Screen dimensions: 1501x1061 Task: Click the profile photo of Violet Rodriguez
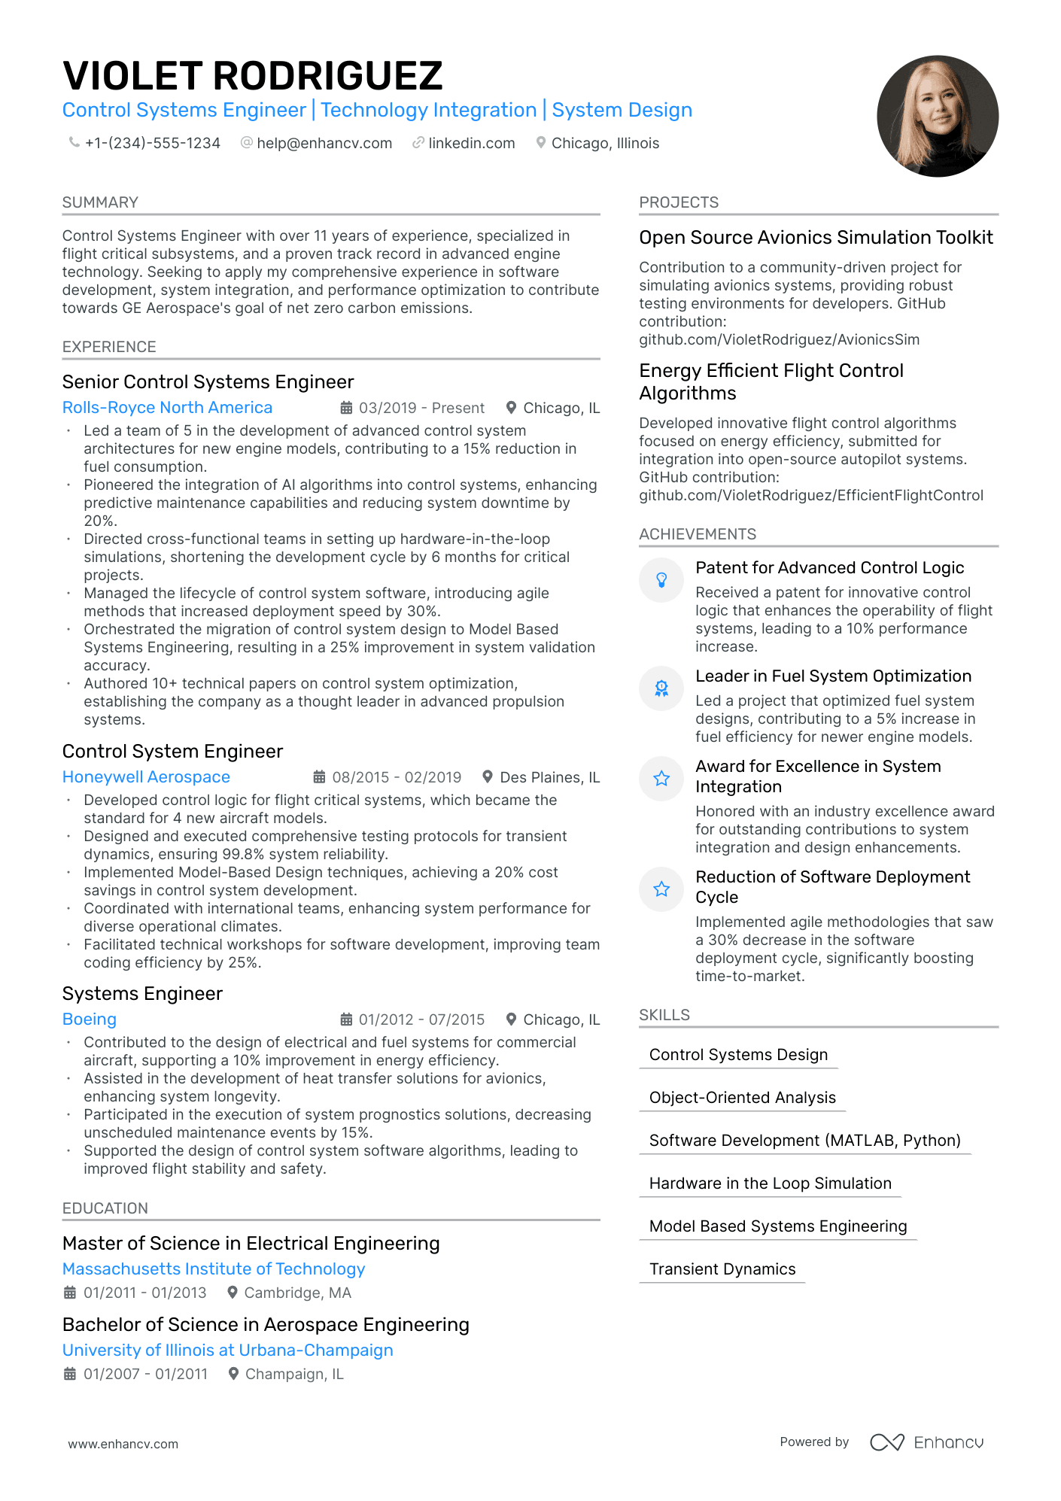pos(937,116)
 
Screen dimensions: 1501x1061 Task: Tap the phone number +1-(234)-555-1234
pos(152,143)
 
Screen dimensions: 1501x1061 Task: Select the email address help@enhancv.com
pos(324,143)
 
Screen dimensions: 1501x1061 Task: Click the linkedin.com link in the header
pos(471,143)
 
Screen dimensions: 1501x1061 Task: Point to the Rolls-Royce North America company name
pos(167,407)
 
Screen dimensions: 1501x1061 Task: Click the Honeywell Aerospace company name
pos(146,776)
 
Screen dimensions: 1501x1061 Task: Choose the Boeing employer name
pos(89,1019)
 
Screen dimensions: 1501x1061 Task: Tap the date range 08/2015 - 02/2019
pos(397,777)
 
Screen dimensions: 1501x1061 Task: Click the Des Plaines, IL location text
pos(549,777)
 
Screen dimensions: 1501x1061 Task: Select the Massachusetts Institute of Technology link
pos(214,1269)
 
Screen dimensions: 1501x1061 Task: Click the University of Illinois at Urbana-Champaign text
pos(227,1350)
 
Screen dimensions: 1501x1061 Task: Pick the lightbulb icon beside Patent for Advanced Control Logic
pos(661,579)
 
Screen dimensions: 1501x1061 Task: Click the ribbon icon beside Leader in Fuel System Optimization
pos(661,688)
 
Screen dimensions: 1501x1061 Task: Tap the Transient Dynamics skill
pos(722,1269)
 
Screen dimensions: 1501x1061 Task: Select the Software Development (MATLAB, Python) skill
pos(804,1140)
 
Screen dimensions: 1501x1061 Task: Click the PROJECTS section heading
pos(679,202)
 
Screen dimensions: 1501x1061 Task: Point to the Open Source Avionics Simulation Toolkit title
pos(816,238)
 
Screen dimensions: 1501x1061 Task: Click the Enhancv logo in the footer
pos(927,1442)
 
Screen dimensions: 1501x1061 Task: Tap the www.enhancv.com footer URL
pos(123,1444)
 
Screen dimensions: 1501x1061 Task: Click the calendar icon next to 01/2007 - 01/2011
pos(70,1374)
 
